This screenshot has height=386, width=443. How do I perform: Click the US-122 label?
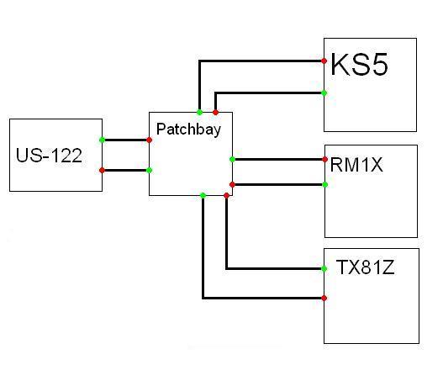tap(49, 155)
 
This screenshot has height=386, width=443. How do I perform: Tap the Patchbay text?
tap(188, 130)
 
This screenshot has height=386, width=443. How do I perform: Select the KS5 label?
tap(359, 65)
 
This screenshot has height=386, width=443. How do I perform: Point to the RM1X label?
tap(356, 165)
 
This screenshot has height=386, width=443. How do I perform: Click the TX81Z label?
tap(365, 267)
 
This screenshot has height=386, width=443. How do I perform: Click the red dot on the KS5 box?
tap(324, 61)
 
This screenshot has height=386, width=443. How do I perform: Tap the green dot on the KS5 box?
tap(324, 93)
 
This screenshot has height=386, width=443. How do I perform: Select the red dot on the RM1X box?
tap(325, 160)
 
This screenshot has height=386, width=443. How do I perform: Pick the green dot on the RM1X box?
tap(325, 184)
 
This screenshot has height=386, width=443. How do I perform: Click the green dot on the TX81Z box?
tap(324, 268)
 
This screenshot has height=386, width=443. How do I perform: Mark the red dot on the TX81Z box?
tap(324, 298)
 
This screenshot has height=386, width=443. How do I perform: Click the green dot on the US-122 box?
tap(103, 140)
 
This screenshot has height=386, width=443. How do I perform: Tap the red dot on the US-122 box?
tap(103, 170)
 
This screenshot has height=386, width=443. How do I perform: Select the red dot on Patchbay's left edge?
tap(149, 140)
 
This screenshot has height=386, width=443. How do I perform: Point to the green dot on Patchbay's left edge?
tap(149, 170)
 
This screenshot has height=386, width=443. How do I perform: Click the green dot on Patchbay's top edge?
tap(199, 113)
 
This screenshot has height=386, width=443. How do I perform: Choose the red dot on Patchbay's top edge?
tap(215, 113)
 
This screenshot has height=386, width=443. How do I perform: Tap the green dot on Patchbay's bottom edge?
tap(203, 195)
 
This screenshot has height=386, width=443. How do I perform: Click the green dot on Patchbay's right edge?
tap(232, 160)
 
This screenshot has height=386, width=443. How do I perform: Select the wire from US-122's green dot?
tap(126, 140)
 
